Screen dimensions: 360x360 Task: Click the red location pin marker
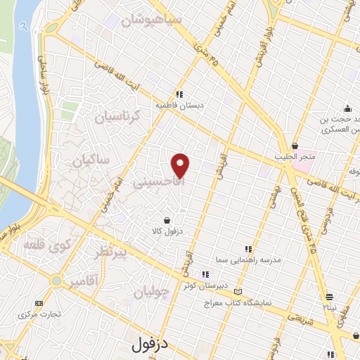click(181, 165)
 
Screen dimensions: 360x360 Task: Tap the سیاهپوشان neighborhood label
click(151, 20)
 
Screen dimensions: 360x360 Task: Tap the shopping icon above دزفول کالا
click(167, 219)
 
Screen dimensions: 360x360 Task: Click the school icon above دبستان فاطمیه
click(180, 94)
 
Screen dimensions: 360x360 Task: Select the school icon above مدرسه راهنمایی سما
click(247, 248)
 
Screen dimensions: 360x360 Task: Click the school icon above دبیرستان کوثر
click(205, 274)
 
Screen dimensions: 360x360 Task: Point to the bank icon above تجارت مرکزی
click(38, 303)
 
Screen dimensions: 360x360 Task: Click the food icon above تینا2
click(329, 297)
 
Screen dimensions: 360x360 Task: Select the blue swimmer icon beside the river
click(25, 26)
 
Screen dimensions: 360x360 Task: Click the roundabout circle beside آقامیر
click(56, 281)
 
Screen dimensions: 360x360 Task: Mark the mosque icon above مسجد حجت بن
click(347, 108)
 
